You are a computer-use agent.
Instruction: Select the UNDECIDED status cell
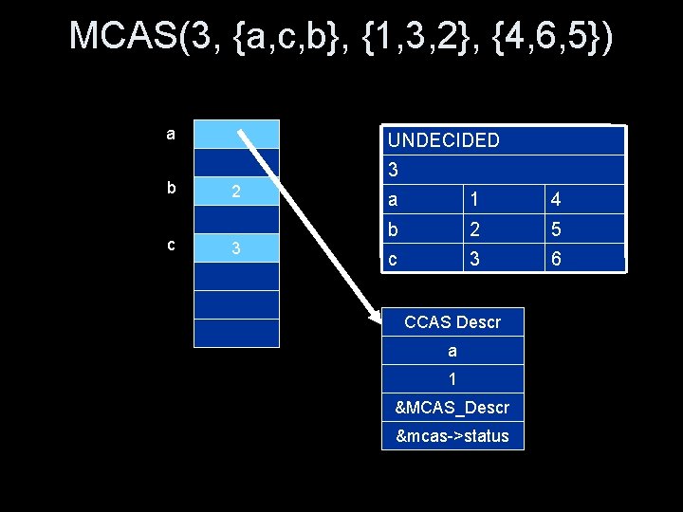[502, 140]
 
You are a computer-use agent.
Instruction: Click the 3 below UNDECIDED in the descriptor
[393, 171]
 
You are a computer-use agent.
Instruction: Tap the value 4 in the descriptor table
[556, 200]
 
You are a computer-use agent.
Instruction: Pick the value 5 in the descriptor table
[556, 229]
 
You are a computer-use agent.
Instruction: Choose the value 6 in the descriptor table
[556, 257]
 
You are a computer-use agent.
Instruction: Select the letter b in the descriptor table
[393, 229]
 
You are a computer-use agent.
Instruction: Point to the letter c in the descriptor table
[393, 257]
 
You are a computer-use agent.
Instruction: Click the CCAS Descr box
[452, 322]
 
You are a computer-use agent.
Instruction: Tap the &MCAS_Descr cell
[452, 408]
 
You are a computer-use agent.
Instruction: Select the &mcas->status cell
[452, 436]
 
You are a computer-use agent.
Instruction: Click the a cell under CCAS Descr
[452, 351]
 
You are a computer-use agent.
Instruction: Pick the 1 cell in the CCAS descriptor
[452, 379]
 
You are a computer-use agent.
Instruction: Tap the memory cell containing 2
[237, 192]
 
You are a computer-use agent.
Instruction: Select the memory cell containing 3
[237, 248]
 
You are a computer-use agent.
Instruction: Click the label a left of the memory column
[170, 134]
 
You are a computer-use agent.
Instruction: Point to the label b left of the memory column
[170, 188]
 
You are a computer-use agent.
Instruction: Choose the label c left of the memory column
[170, 244]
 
